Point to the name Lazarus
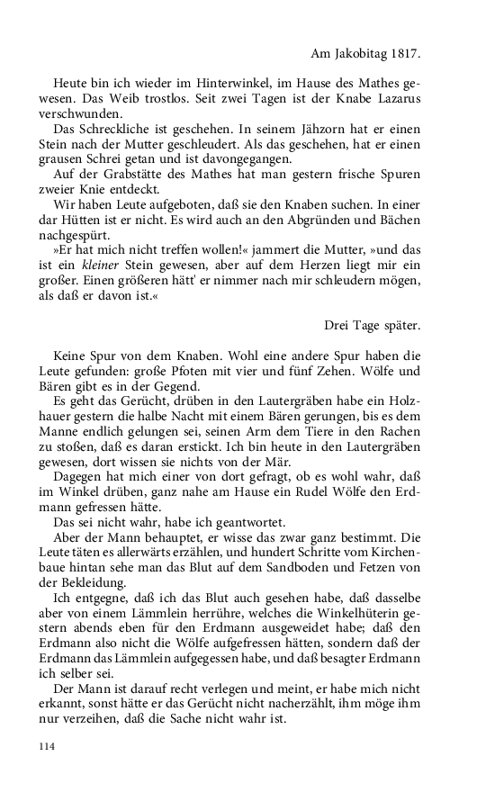384,100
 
